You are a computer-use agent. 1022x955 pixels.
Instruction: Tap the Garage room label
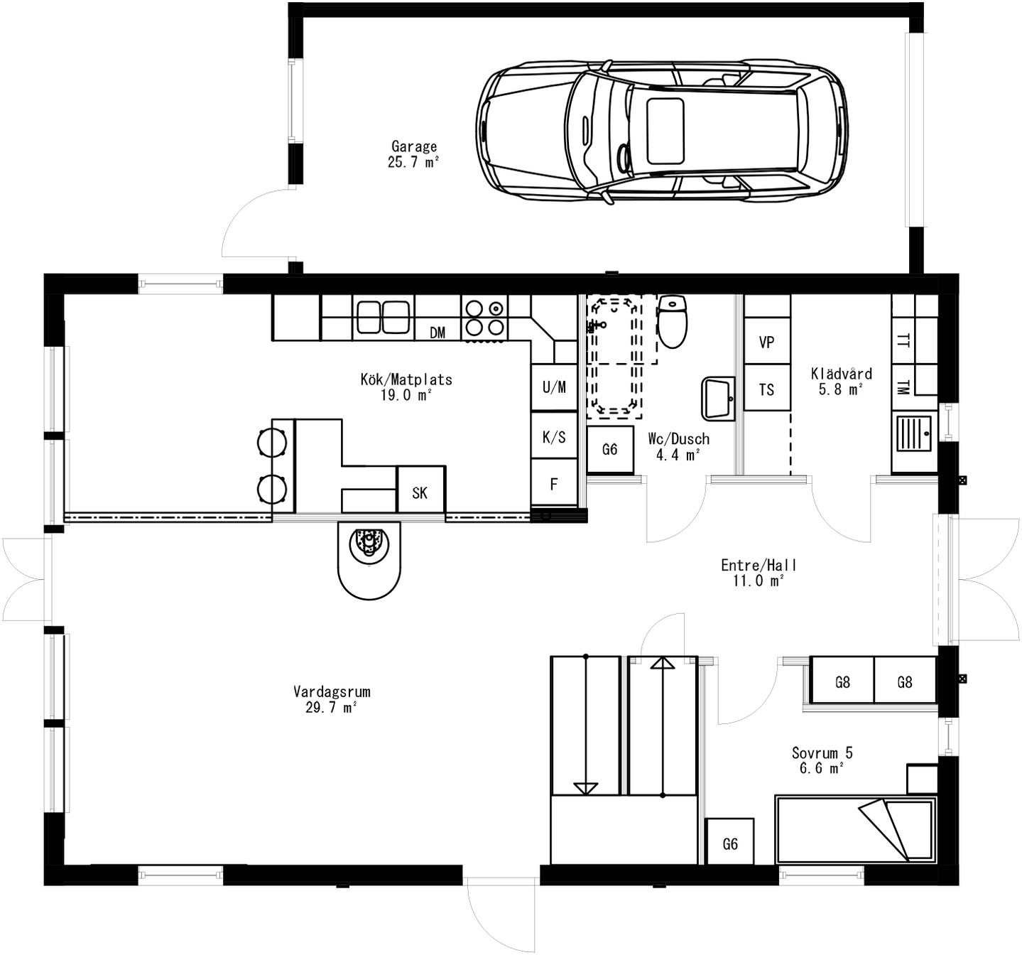coord(413,153)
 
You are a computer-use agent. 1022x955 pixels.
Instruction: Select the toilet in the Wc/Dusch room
coord(672,322)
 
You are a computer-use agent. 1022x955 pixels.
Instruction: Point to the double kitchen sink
coord(384,317)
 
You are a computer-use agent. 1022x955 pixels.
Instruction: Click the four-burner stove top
coord(484,318)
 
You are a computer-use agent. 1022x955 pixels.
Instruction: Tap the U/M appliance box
coord(554,387)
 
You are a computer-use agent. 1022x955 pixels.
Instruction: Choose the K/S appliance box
coord(554,436)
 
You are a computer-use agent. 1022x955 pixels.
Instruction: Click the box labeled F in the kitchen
coord(554,484)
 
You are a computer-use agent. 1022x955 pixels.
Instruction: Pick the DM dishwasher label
coord(437,333)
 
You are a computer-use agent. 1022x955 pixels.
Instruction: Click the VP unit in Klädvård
coord(766,342)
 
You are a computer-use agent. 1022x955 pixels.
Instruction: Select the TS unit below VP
coord(766,389)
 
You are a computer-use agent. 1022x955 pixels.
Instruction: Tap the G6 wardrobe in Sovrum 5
coord(730,842)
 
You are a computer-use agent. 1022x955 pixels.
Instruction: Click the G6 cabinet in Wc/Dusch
coord(609,449)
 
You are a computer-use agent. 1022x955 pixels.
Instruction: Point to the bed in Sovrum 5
coord(854,829)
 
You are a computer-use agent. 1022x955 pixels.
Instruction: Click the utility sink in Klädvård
coord(913,433)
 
